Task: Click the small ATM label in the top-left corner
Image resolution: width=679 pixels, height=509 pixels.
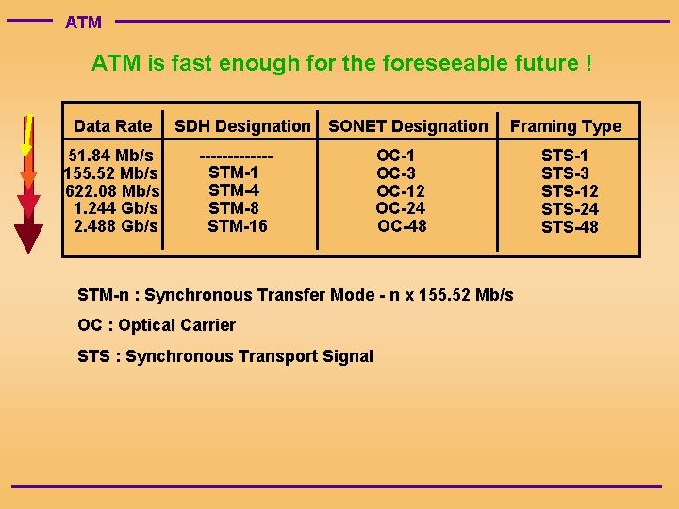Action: coord(83,22)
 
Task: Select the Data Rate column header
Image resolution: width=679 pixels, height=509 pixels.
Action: coord(112,126)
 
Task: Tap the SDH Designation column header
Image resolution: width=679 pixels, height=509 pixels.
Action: coord(242,126)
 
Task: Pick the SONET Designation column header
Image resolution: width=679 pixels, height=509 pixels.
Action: coord(407,126)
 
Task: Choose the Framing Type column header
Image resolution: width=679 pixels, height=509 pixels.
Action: coord(566,126)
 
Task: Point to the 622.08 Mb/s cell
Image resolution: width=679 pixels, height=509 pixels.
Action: coord(111,191)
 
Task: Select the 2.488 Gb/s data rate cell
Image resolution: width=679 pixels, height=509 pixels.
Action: coord(115,226)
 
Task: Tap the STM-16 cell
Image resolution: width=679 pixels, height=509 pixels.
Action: coord(238,226)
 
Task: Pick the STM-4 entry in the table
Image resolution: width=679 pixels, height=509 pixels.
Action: coord(234,190)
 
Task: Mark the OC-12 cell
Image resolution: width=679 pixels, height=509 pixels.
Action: coord(401,191)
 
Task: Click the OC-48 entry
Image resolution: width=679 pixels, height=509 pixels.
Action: coord(402,226)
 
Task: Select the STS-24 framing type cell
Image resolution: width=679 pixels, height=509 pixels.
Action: coord(570,209)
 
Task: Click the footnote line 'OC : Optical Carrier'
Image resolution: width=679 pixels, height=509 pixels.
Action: coord(157,325)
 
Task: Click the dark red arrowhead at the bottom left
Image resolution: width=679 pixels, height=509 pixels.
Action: coord(29,238)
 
